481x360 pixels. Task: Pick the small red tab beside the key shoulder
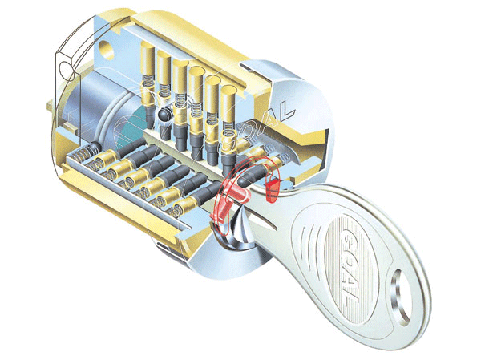(x=271, y=190)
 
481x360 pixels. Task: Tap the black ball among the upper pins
(x=164, y=116)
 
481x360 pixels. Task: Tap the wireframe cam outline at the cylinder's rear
(x=68, y=80)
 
